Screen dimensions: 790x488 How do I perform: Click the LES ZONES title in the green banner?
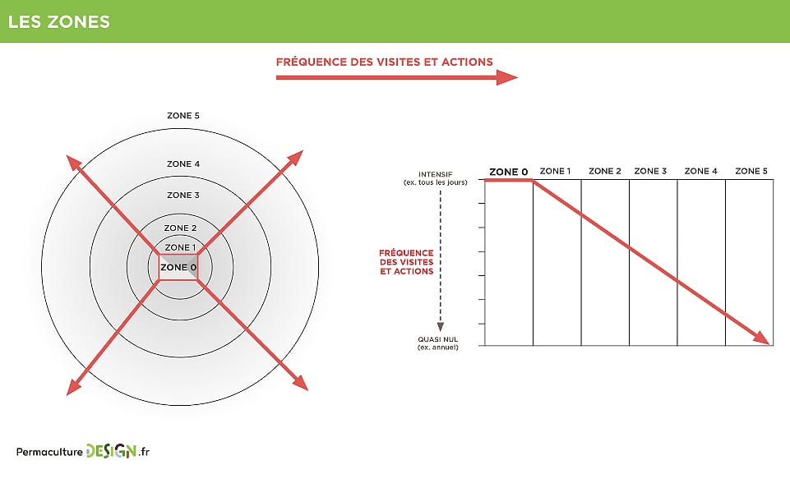coord(58,21)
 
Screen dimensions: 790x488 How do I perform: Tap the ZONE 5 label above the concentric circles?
coord(182,116)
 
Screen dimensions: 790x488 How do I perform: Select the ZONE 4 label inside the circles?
coord(182,164)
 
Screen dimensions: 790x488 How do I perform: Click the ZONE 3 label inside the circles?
coord(182,196)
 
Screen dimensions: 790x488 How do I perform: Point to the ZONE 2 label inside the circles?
coord(180,228)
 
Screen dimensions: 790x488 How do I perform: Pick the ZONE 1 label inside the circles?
coord(180,247)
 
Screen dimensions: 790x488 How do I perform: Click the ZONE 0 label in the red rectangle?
coord(178,267)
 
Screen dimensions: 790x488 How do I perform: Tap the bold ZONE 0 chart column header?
coord(508,172)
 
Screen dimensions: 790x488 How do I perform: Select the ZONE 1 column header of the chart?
coord(555,171)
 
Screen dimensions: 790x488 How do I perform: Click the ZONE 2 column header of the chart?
coord(604,171)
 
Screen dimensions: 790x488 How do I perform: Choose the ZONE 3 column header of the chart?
coord(650,171)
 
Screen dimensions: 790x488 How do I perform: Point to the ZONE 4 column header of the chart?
coord(701,171)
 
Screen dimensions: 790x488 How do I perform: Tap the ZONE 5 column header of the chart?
coord(751,171)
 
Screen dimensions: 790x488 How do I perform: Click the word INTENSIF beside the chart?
coord(436,174)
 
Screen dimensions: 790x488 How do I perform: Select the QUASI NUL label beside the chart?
coord(437,339)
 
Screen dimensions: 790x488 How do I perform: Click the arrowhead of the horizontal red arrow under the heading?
coord(508,77)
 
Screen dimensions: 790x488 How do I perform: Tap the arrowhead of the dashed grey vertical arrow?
coord(441,326)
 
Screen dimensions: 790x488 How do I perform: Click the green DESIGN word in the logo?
coord(111,451)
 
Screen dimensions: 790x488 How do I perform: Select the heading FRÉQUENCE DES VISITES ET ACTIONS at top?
coord(384,62)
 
